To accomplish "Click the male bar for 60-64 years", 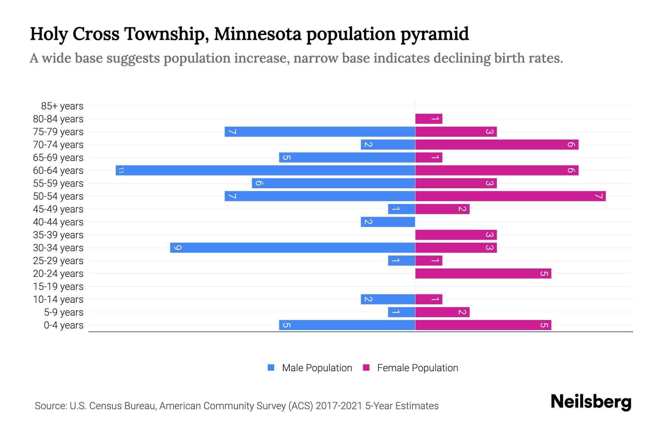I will click(265, 170).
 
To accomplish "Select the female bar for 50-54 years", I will click(510, 196).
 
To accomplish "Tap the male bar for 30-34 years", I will click(292, 248).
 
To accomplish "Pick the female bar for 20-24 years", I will click(483, 273).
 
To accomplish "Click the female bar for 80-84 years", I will click(428, 119).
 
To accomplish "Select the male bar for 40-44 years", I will click(388, 222).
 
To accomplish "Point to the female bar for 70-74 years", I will click(497, 144).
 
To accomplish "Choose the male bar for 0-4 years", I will click(347, 325).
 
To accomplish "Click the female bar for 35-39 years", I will click(456, 235).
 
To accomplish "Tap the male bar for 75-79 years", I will click(320, 131).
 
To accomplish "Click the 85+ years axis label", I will click(62, 106).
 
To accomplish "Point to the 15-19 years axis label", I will click(58, 287).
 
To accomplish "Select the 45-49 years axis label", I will click(58, 209).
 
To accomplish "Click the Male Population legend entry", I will click(316, 368).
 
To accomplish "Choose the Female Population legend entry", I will click(417, 368).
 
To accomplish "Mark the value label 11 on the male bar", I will click(121, 170).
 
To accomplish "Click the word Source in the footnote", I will click(50, 406).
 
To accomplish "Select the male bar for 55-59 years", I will click(333, 183).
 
